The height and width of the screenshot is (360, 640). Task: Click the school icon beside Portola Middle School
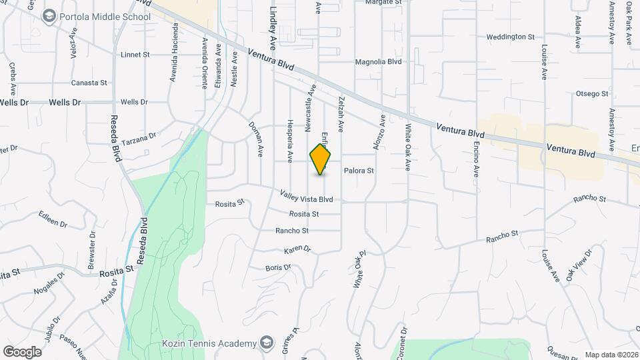coord(49,15)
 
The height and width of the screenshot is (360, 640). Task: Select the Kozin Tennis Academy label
coord(209,343)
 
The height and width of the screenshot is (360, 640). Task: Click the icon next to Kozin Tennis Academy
coord(267,343)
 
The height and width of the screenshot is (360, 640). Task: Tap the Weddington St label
coord(511,37)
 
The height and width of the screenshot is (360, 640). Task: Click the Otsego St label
coord(592,95)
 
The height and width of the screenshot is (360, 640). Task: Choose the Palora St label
coord(359,171)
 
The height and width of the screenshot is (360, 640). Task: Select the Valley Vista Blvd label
coord(306,198)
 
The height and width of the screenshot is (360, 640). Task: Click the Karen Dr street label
coord(297,249)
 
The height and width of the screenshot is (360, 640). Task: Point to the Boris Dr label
coord(278,267)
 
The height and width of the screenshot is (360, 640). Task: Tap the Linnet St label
coord(135,55)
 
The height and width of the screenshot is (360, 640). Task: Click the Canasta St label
coord(89,83)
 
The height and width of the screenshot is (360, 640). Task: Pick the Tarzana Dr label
coord(139,137)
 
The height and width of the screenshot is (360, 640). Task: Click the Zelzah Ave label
coord(341,112)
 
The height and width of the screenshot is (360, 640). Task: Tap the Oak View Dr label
coord(579,265)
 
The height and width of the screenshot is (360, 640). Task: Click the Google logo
coord(22,351)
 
